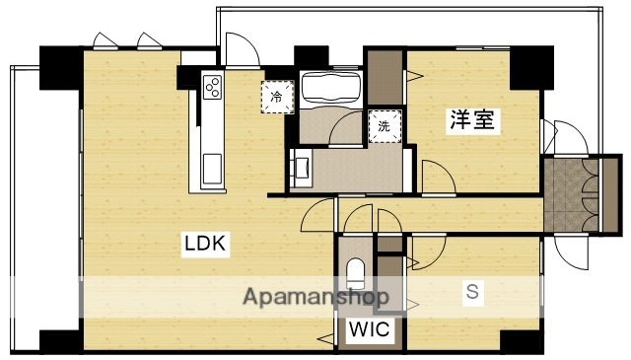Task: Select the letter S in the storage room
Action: tap(472, 293)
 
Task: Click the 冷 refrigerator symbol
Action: tap(276, 96)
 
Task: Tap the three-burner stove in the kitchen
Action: tap(212, 88)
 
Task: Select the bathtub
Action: tap(329, 89)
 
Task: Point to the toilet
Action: tap(355, 272)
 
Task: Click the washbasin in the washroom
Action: tap(300, 167)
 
